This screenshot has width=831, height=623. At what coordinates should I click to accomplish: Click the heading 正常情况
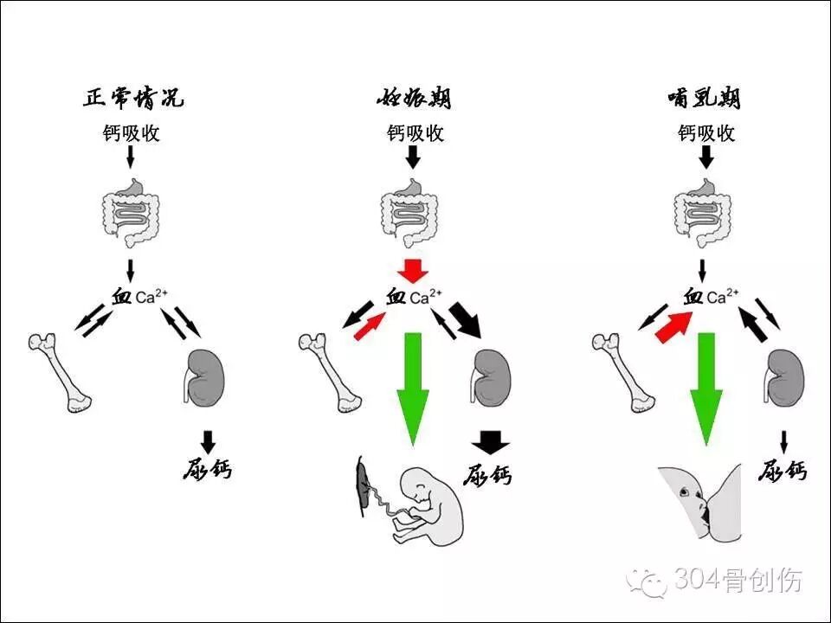click(133, 98)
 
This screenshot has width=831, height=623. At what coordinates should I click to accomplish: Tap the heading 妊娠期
click(414, 98)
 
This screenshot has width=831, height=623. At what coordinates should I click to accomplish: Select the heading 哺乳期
click(705, 98)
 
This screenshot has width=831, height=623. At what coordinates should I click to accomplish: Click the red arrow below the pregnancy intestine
click(414, 271)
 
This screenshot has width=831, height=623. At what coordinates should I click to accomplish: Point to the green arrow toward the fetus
click(414, 389)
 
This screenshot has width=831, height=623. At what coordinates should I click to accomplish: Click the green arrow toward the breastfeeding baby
click(706, 389)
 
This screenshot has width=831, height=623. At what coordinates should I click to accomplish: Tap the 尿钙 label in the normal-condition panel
click(208, 469)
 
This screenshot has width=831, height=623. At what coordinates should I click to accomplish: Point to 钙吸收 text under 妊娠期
click(415, 133)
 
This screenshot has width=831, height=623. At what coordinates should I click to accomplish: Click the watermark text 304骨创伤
click(738, 580)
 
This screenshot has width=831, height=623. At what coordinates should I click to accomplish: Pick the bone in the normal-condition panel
click(60, 373)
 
